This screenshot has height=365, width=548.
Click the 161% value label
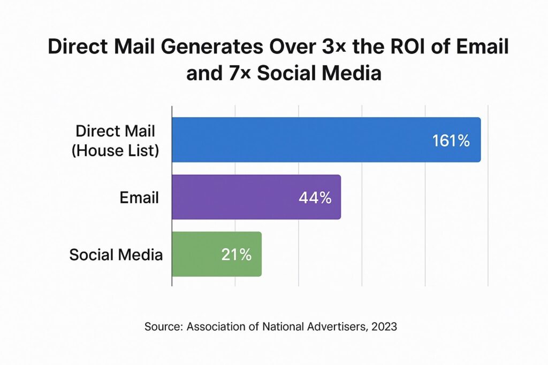(451, 141)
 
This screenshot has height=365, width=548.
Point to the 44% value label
(315, 198)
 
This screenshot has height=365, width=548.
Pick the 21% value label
(236, 255)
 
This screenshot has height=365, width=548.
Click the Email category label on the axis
(139, 198)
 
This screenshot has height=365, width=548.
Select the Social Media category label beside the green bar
(116, 255)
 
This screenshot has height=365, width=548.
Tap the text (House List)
(116, 151)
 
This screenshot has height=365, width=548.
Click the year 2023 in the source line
(383, 326)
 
